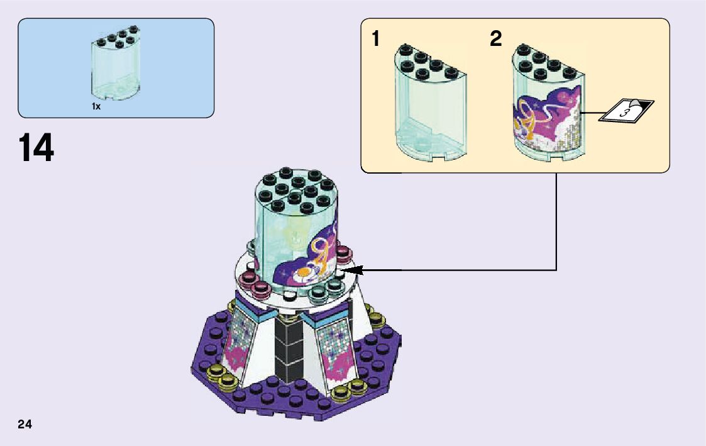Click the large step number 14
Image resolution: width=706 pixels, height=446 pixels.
coord(36,148)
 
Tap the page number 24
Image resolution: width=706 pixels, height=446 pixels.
coord(25,424)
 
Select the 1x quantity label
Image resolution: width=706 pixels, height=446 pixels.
coord(96,107)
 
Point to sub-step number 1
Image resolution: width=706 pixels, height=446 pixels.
coord(375,40)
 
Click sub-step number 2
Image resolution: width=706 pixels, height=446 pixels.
coord(496,40)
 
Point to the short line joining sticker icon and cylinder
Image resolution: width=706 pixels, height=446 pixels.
coord(590,113)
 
